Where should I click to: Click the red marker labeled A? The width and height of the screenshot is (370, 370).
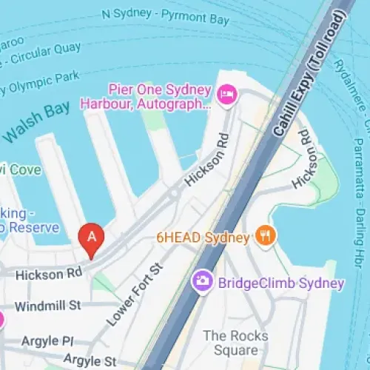[x=92, y=238]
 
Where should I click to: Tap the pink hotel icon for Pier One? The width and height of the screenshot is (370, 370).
[x=226, y=94]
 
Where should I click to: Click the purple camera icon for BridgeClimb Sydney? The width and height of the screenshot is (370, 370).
[x=201, y=282]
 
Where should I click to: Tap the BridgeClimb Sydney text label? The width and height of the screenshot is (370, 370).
[x=280, y=283]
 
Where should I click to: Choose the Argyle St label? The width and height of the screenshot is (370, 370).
[x=90, y=360]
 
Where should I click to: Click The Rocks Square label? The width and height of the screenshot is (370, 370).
[x=231, y=343]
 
